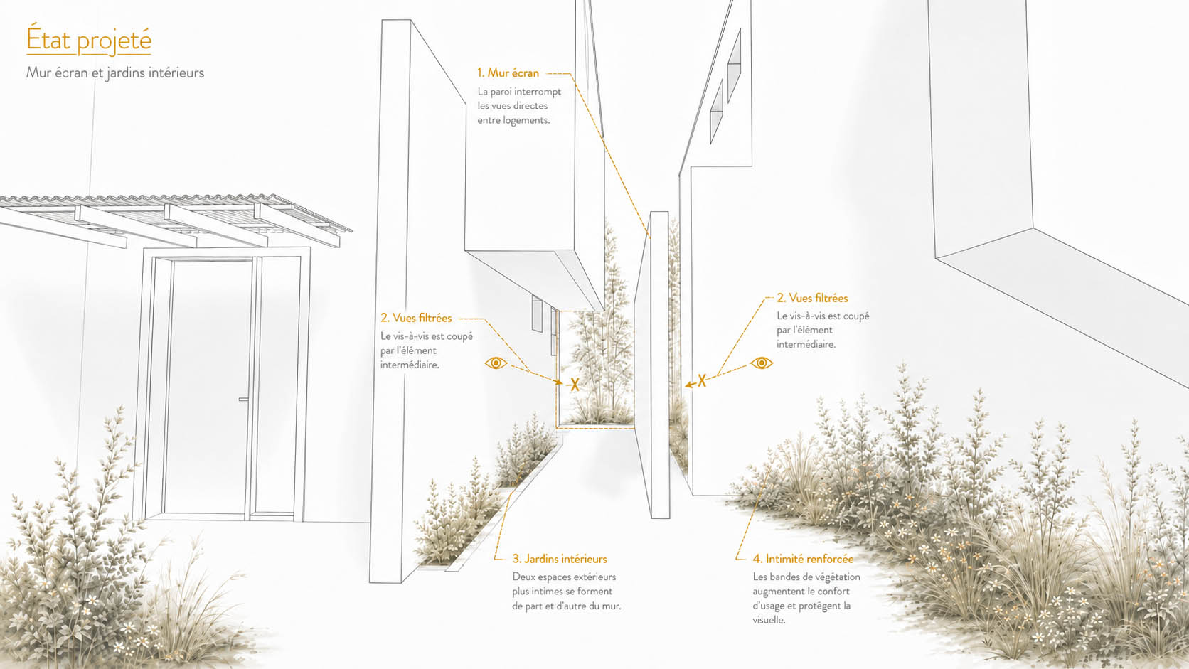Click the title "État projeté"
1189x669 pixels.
click(89, 39)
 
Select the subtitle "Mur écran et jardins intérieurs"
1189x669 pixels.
click(115, 72)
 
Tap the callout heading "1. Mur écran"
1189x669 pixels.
click(508, 73)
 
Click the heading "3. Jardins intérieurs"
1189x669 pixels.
click(560, 559)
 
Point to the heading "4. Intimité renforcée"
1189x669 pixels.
click(803, 559)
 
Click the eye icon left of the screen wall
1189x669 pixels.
click(496, 363)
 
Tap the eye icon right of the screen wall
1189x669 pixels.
click(761, 363)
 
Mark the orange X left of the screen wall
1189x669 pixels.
click(575, 385)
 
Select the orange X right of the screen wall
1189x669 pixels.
click(702, 380)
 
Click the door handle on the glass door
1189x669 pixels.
click(244, 399)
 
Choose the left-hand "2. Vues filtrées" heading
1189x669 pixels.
click(416, 318)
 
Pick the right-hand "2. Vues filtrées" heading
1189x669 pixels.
click(812, 298)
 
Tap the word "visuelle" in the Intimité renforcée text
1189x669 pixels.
click(769, 620)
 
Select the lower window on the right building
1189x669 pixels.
click(717, 112)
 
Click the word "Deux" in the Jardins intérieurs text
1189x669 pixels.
click(523, 577)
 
